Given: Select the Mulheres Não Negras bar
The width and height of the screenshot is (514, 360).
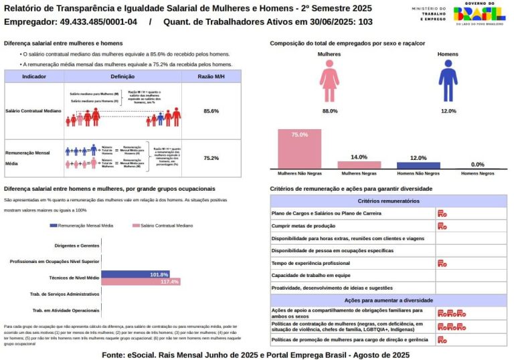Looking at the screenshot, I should [300, 149].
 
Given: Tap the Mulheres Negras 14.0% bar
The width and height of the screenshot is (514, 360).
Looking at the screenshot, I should [359, 165].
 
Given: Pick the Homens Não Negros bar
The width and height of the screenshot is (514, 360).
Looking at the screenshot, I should [418, 165].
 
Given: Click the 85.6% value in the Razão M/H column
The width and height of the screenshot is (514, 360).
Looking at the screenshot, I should [211, 110].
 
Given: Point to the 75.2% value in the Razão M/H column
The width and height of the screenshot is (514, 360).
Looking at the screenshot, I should [211, 158].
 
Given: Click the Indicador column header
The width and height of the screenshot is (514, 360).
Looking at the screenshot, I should [34, 77].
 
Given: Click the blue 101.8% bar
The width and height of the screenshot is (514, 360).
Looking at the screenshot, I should [135, 274].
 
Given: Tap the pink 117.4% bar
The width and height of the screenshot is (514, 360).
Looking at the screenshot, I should [141, 282].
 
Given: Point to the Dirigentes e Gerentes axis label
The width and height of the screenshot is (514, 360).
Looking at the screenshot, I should [77, 246].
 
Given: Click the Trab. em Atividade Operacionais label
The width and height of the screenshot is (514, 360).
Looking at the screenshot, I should [66, 310].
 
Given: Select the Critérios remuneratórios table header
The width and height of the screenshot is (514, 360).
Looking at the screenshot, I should [388, 201].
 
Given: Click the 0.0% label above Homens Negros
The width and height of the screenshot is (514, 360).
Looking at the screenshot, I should [477, 165].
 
